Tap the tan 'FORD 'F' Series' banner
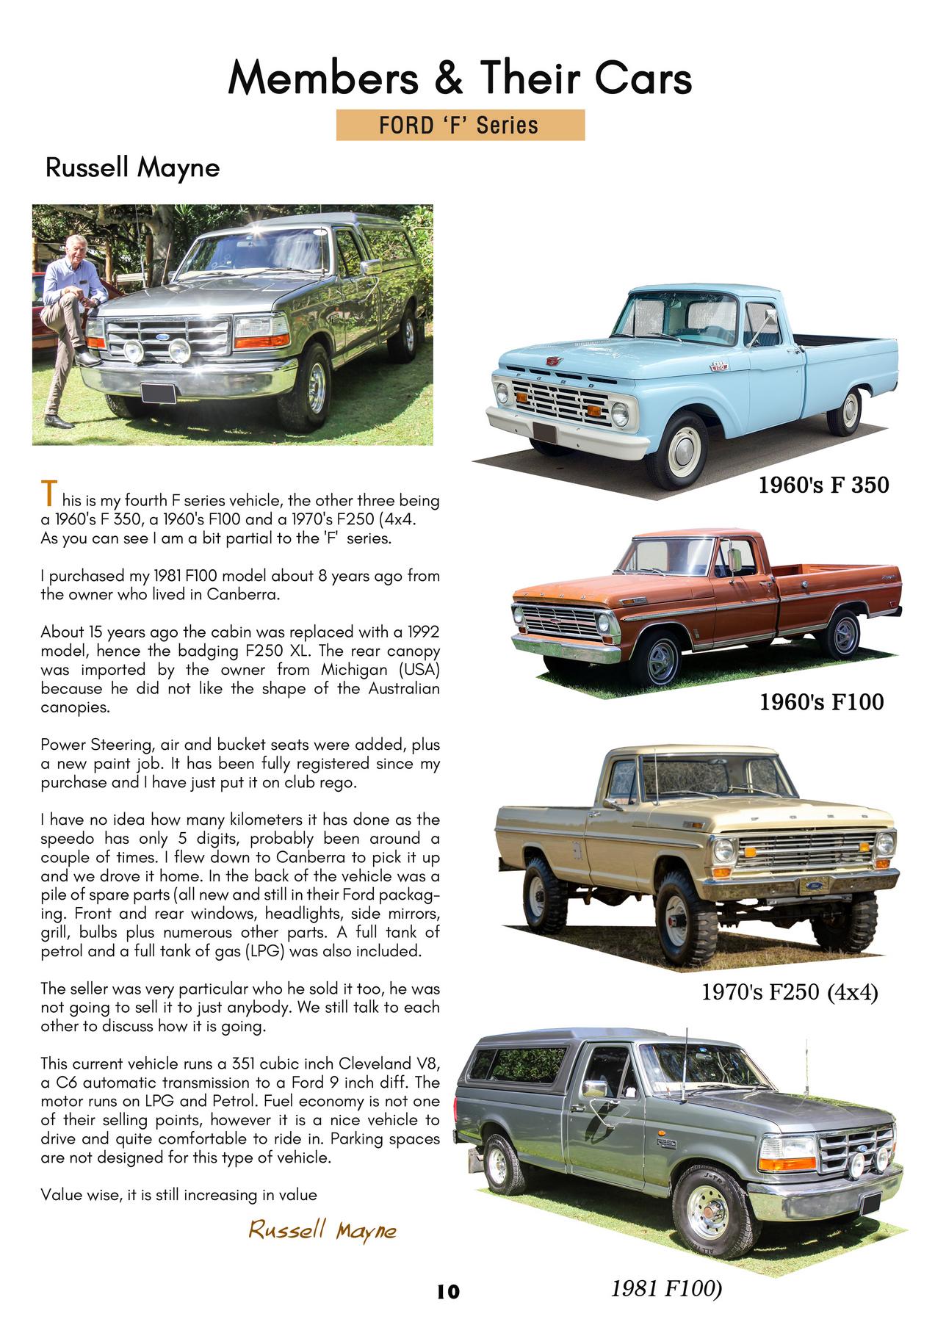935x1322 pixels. click(x=460, y=125)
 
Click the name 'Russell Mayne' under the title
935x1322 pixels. click(x=132, y=168)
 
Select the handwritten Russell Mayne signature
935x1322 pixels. click(x=322, y=1229)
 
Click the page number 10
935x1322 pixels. click(x=447, y=1290)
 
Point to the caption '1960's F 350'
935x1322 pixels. click(x=823, y=485)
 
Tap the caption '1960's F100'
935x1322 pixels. click(x=821, y=701)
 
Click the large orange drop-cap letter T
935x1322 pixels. click(x=48, y=494)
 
